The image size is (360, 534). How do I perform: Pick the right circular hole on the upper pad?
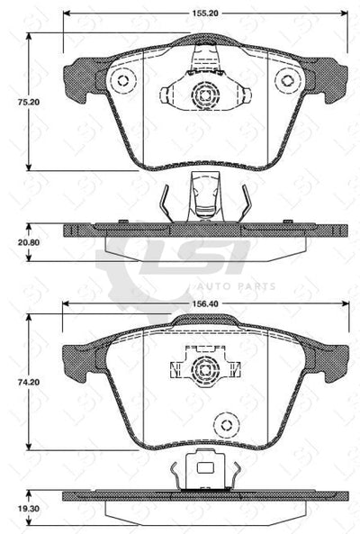click(288, 80)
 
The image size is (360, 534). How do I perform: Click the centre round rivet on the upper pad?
click(204, 94)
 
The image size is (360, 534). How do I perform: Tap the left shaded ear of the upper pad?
click(83, 77)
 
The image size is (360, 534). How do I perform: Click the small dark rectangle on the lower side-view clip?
click(204, 467)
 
